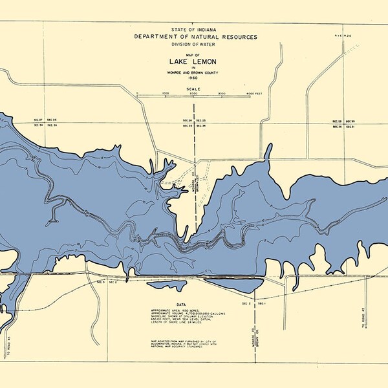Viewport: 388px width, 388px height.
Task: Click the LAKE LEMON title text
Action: [x=194, y=63]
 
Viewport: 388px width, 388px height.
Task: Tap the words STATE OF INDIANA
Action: [x=194, y=30]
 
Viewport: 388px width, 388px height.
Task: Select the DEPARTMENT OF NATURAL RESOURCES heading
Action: [x=194, y=38]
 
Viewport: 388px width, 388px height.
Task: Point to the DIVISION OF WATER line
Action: [x=194, y=45]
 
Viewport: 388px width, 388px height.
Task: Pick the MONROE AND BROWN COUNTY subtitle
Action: [x=194, y=72]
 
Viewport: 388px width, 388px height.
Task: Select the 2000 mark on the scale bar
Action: [x=193, y=94]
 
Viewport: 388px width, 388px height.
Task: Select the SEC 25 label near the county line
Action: [x=200, y=120]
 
